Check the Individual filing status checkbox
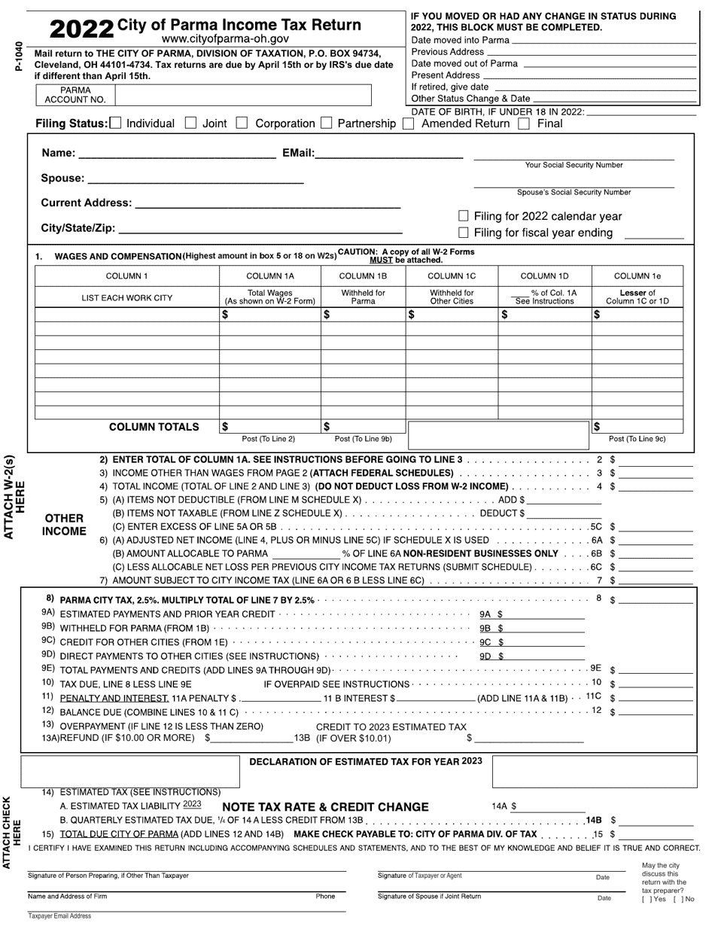pos(115,123)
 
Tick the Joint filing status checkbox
pos(190,123)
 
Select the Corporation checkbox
pos(242,123)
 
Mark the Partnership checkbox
pos(326,123)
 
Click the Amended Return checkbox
pos(408,123)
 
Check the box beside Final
pos(525,123)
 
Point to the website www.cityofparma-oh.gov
pos(225,38)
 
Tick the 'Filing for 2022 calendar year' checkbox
pos(464,216)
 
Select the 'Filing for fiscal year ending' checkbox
pos(464,233)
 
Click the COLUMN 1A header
pos(270,276)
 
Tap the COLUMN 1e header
pos(637,276)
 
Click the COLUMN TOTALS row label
pos(154,427)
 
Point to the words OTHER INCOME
pos(64,525)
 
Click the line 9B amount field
pos(543,628)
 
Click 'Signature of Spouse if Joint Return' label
pos(429,897)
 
